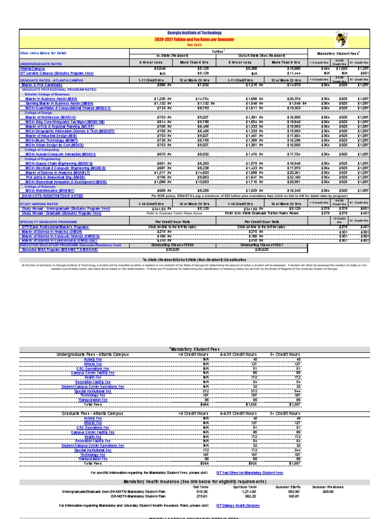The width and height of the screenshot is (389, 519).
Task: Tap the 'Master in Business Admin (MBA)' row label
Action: pos(51,98)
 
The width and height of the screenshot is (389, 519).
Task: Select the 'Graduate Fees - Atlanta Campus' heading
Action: pos(92,414)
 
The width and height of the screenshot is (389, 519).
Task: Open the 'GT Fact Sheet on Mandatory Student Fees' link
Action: pos(250,472)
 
